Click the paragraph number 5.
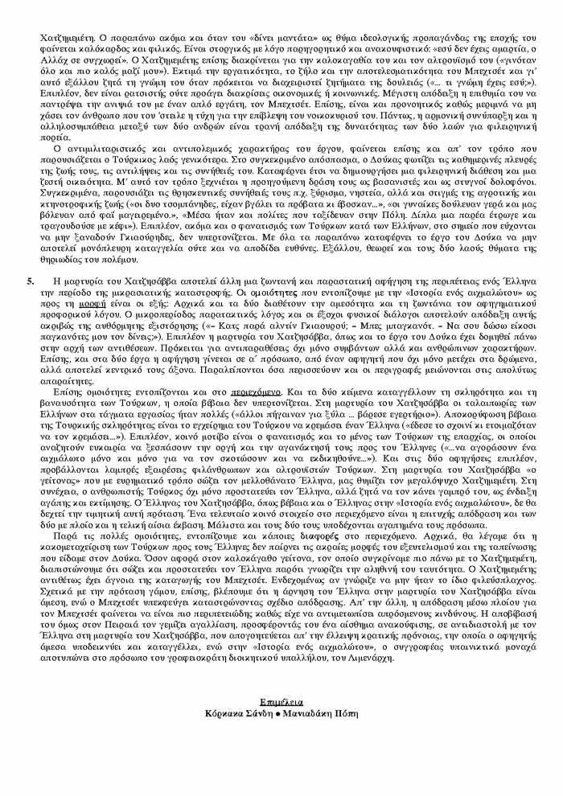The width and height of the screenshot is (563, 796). pyautogui.click(x=31, y=281)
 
